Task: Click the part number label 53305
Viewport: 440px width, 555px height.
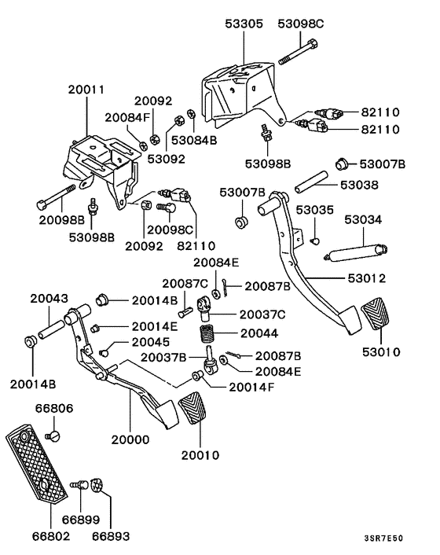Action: tap(242, 24)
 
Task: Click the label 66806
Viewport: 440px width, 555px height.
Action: tap(53, 409)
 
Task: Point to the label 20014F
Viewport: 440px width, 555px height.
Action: tap(251, 386)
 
